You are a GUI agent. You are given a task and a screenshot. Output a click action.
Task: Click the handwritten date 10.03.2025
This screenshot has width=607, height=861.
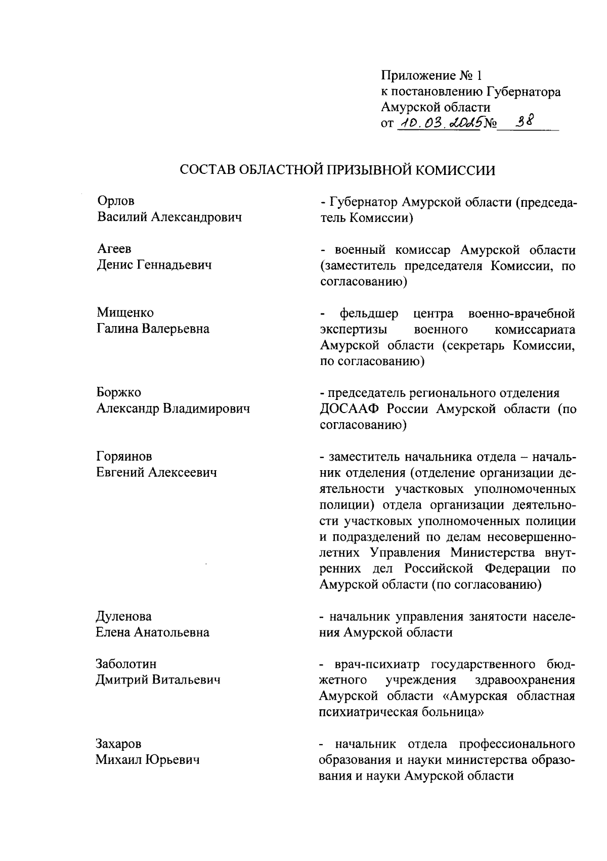(440, 122)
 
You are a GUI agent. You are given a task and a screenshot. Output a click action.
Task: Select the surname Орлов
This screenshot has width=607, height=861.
(116, 201)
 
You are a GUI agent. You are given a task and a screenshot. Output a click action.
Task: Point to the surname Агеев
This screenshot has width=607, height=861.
(114, 249)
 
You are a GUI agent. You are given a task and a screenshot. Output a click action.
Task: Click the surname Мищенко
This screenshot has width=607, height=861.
(125, 313)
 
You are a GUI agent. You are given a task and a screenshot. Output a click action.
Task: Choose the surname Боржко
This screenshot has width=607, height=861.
(119, 392)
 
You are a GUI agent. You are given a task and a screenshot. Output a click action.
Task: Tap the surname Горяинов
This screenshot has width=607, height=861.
(124, 457)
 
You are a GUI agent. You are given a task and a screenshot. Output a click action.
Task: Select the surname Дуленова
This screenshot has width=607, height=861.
(124, 616)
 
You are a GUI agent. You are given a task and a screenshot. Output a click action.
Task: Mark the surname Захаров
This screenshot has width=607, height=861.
(119, 744)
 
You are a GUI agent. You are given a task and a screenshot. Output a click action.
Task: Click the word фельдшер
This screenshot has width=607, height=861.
(369, 313)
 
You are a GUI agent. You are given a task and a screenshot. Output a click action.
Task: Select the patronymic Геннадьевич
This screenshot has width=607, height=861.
(174, 265)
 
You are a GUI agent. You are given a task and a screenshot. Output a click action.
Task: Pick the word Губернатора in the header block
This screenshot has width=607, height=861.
(524, 92)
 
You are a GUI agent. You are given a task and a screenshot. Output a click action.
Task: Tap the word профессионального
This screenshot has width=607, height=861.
(517, 744)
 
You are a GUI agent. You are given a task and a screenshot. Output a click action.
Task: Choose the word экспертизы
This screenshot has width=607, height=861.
(355, 330)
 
